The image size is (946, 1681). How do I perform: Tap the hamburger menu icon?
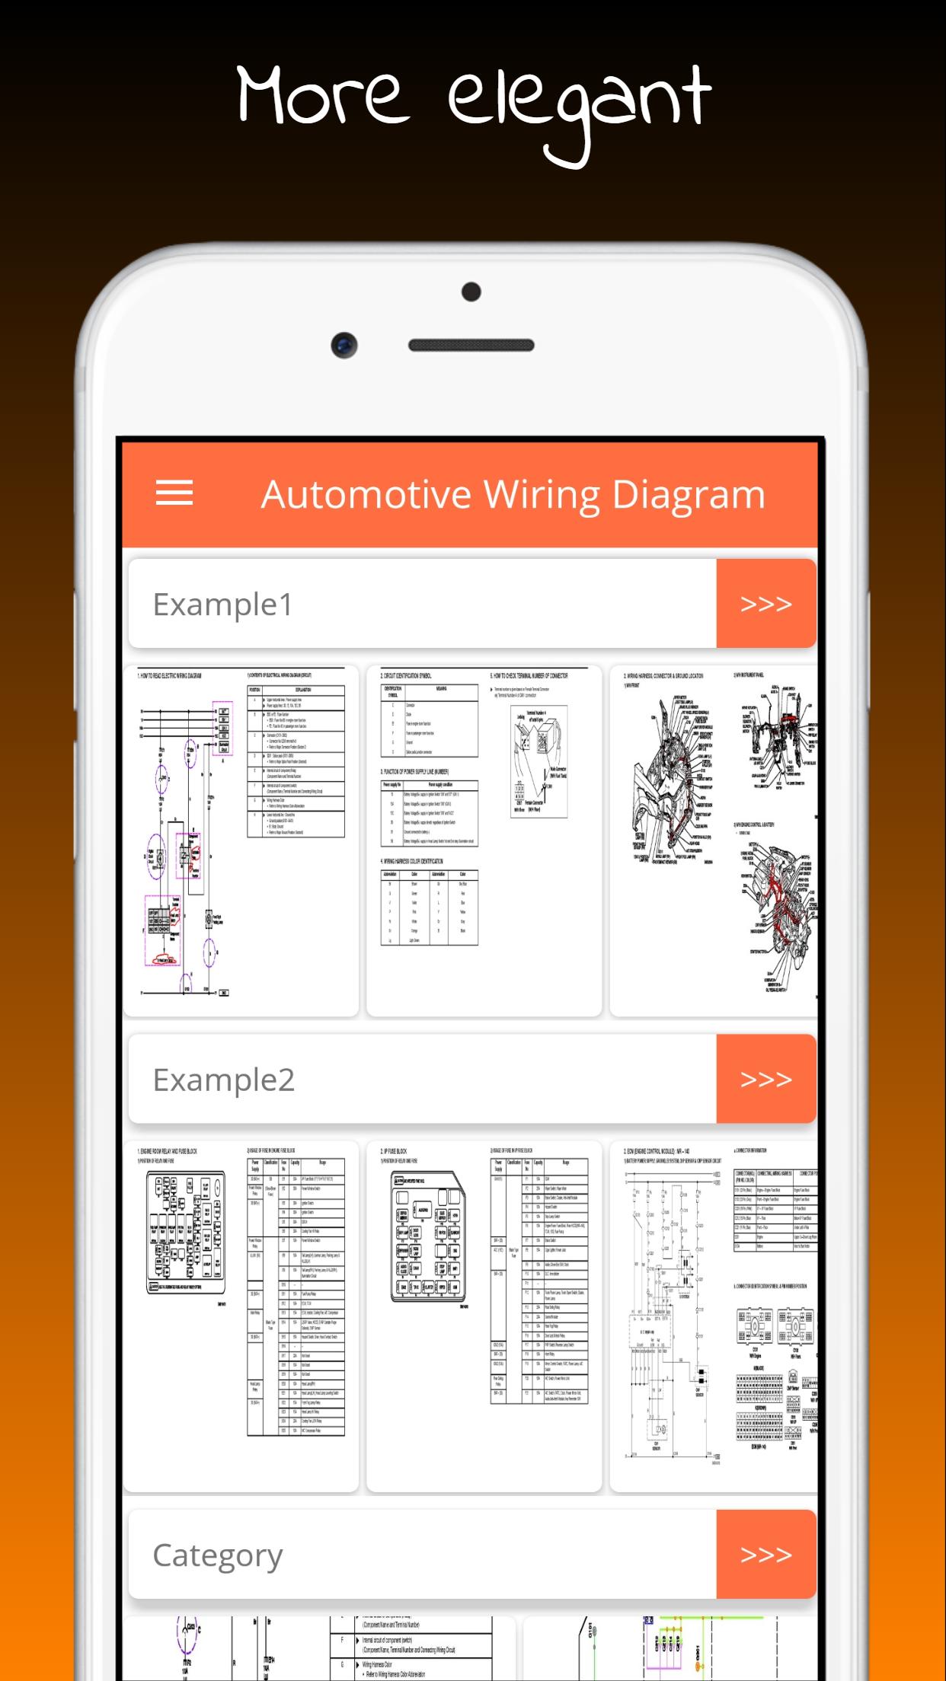(174, 493)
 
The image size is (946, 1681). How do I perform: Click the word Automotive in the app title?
(366, 495)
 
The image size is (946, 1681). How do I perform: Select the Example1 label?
(223, 604)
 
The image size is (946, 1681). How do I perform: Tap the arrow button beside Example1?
(765, 604)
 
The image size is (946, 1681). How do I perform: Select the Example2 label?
(224, 1080)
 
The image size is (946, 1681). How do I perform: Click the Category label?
(218, 1555)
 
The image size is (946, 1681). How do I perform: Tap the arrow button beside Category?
(765, 1555)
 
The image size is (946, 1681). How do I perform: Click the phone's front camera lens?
(344, 345)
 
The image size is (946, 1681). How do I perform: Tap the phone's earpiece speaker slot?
(471, 345)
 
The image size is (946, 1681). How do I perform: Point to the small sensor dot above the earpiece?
(471, 292)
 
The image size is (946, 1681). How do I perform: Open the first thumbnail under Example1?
(241, 840)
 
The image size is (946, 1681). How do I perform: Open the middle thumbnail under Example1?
(484, 840)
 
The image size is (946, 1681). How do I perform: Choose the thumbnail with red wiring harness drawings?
(714, 840)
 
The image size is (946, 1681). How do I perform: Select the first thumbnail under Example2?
(241, 1316)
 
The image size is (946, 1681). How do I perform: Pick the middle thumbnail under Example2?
(484, 1316)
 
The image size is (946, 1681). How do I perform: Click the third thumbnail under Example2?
(714, 1316)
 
